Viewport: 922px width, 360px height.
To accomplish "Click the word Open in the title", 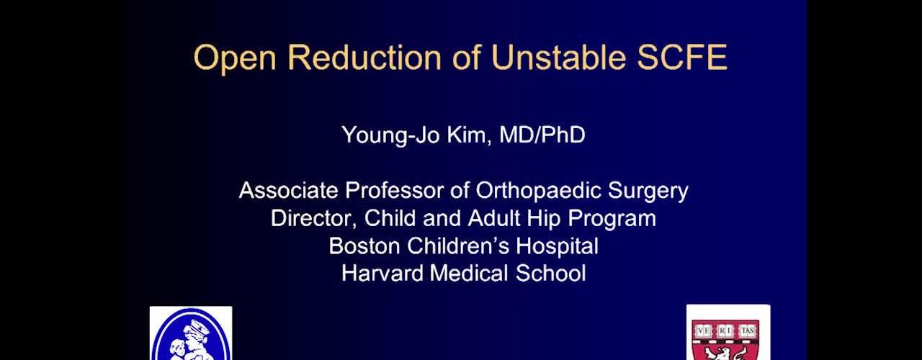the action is click(x=235, y=58).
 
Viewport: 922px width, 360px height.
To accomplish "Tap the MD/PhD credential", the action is click(x=542, y=135).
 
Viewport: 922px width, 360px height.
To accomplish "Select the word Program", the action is click(x=612, y=219).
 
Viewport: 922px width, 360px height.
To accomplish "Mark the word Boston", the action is click(x=364, y=246).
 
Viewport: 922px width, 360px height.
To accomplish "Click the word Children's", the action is click(x=458, y=246).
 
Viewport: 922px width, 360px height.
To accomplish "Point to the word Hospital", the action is click(x=558, y=247).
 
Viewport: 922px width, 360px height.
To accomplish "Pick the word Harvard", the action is click(x=382, y=273).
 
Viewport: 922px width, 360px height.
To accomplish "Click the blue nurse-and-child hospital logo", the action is click(x=191, y=333).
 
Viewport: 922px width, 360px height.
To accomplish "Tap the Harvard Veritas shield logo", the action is click(x=728, y=333).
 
